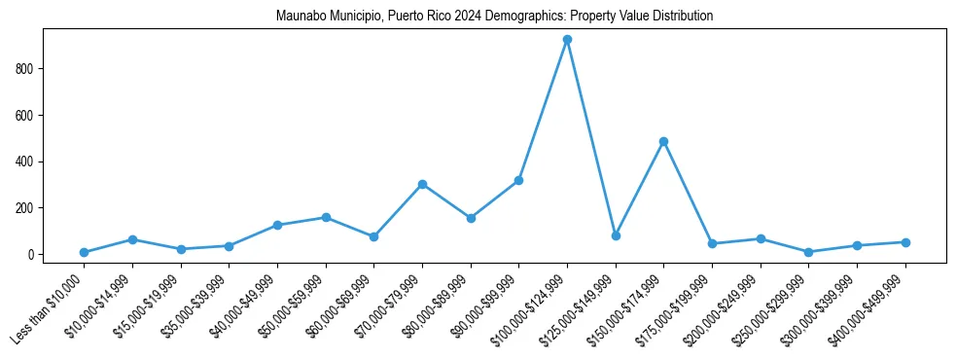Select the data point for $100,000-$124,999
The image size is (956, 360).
(x=567, y=40)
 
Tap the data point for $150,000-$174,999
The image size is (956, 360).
(x=663, y=141)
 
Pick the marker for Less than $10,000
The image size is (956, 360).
(x=85, y=252)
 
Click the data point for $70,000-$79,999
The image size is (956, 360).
(x=422, y=184)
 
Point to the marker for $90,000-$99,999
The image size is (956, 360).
(x=518, y=180)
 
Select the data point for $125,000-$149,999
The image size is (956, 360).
(x=616, y=235)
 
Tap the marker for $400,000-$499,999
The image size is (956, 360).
(x=905, y=242)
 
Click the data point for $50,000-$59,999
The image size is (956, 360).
(x=326, y=217)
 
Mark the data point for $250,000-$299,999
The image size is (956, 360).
(x=808, y=252)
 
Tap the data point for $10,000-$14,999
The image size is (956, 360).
(x=132, y=239)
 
